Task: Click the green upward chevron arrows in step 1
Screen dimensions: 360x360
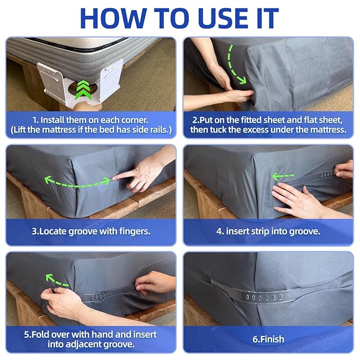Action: click(x=83, y=90)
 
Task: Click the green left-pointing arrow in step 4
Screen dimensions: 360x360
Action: click(x=283, y=177)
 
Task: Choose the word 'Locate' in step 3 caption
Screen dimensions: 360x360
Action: click(x=52, y=231)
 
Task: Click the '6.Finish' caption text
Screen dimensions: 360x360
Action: click(x=268, y=339)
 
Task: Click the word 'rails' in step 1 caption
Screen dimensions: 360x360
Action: click(x=160, y=130)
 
